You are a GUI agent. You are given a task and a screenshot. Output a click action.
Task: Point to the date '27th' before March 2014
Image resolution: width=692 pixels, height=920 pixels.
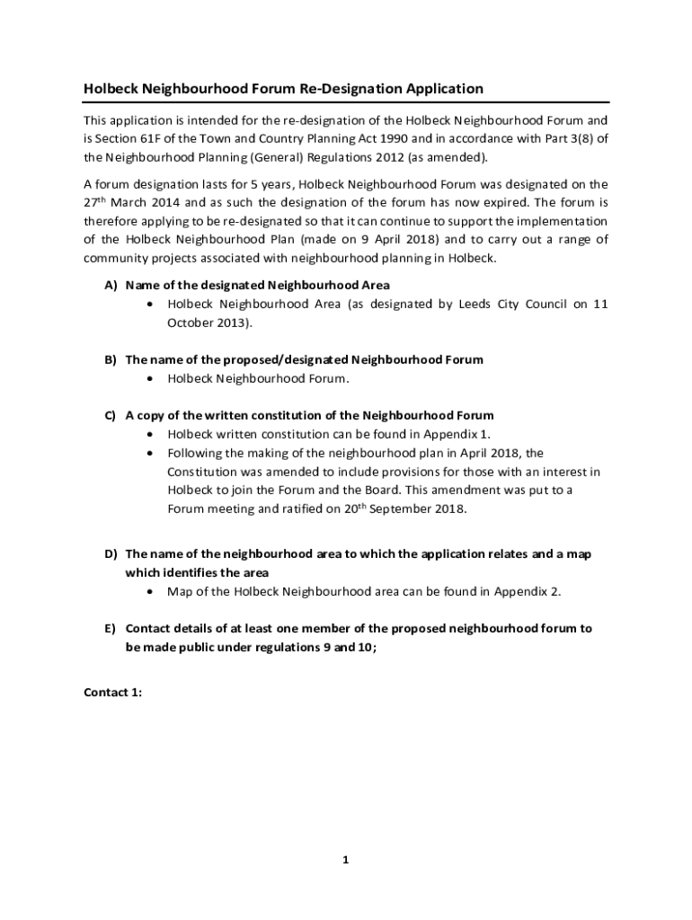coord(96,201)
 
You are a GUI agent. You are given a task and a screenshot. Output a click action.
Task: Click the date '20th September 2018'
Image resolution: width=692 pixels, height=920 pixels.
coord(408,509)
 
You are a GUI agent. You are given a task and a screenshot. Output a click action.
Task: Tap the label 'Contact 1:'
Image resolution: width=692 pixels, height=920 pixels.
coord(112,693)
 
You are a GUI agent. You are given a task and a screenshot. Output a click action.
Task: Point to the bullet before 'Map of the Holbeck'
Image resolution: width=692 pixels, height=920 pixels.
coord(149,591)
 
